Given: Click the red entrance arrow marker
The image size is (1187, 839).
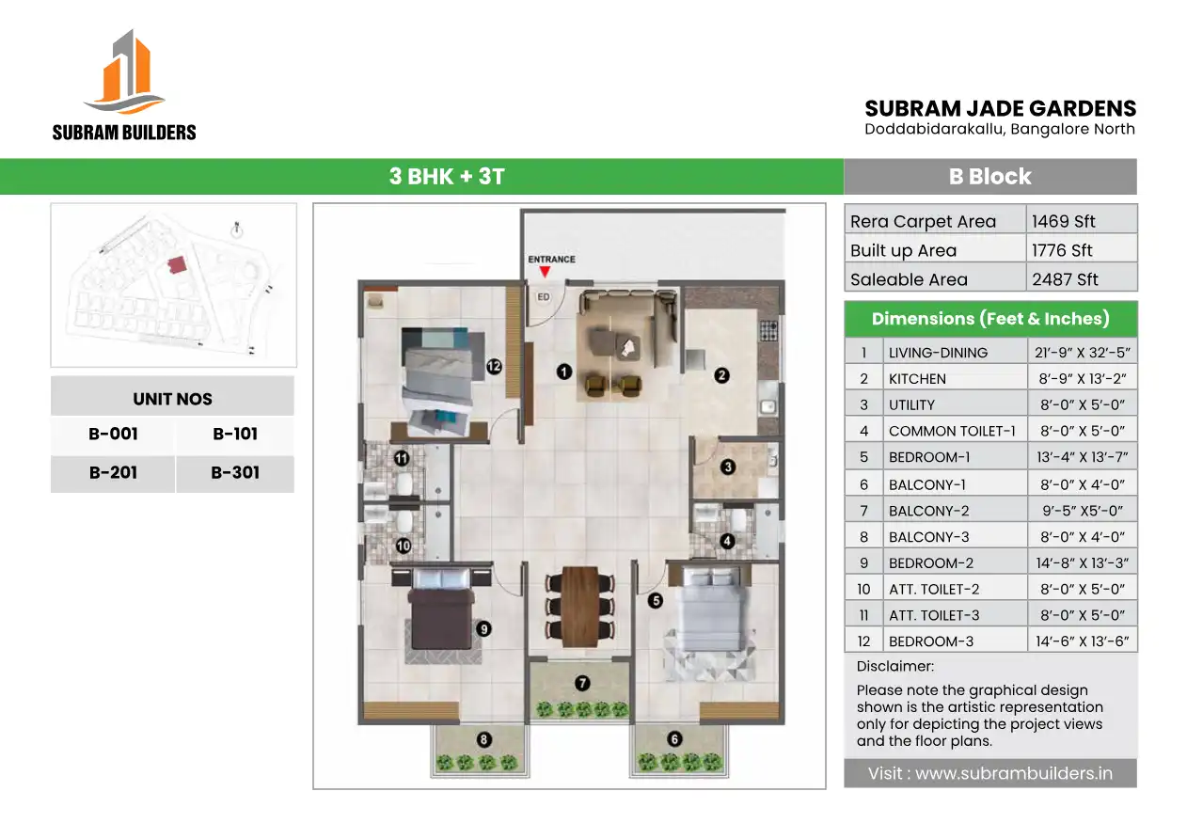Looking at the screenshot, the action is pyautogui.click(x=545, y=272).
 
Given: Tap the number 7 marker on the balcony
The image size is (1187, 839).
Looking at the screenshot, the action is pyautogui.click(x=582, y=683).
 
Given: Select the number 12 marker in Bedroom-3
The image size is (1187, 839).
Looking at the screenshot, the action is pyautogui.click(x=494, y=366).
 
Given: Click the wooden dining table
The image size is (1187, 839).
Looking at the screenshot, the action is pyautogui.click(x=580, y=607).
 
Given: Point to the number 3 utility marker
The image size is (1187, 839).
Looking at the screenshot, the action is pyautogui.click(x=728, y=467).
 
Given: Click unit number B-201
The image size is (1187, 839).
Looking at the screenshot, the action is pyautogui.click(x=113, y=472).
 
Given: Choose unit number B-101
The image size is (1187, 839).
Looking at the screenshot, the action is pyautogui.click(x=235, y=434).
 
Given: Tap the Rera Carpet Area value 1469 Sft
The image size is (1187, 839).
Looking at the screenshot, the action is pyautogui.click(x=1063, y=221).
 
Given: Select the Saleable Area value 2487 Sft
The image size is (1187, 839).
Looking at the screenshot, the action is pyautogui.click(x=1065, y=279).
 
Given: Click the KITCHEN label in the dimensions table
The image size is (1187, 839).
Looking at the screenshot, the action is pyautogui.click(x=917, y=379).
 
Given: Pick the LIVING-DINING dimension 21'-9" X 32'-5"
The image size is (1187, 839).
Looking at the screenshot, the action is pyautogui.click(x=1082, y=353).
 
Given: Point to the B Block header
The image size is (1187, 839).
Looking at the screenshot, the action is pyautogui.click(x=989, y=177).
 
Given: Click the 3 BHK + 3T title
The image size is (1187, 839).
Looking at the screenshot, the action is pyautogui.click(x=447, y=177).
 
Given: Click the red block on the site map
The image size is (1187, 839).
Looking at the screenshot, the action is pyautogui.click(x=177, y=264).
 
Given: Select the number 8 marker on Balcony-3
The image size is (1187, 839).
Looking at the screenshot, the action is pyautogui.click(x=483, y=739).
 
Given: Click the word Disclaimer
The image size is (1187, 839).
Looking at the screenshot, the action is pyautogui.click(x=895, y=666).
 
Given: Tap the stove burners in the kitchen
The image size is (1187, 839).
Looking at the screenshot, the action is pyautogui.click(x=768, y=330).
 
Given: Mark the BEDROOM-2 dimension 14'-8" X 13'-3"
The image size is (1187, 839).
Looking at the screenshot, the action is pyautogui.click(x=1082, y=562).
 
